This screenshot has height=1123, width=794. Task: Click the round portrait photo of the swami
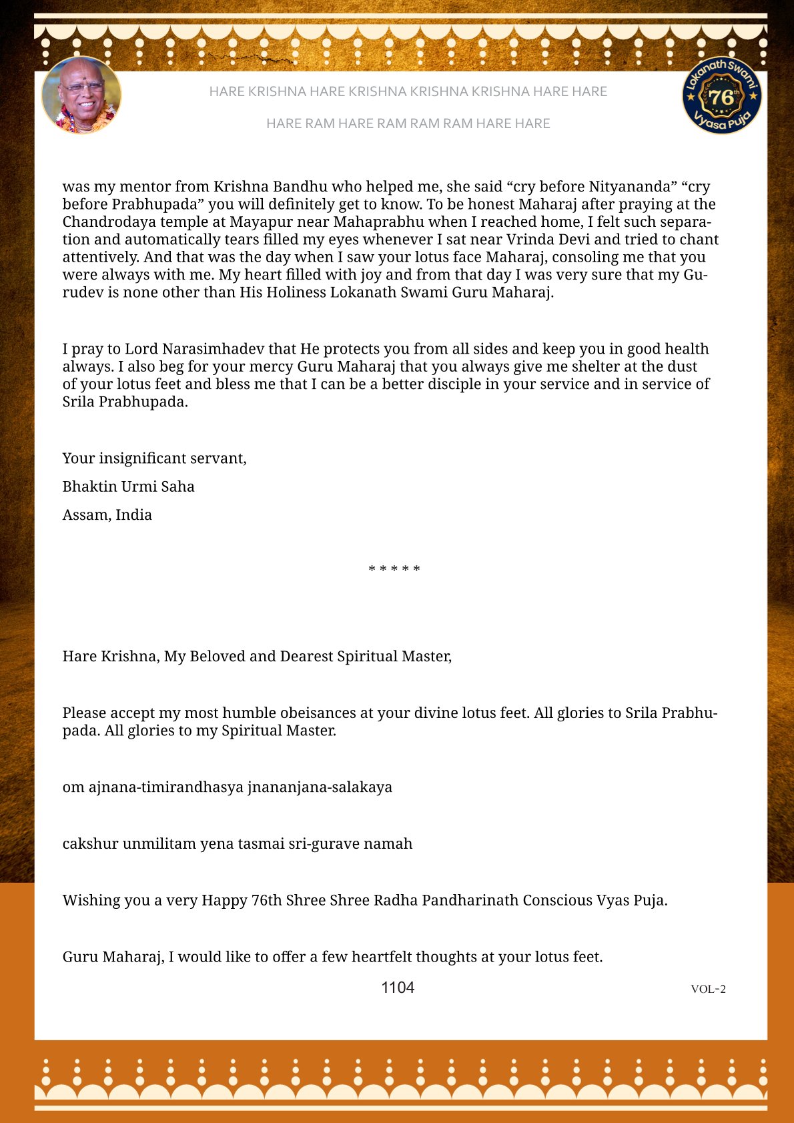(x=81, y=95)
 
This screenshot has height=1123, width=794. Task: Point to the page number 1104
(x=398, y=988)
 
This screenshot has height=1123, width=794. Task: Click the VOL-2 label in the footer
(x=708, y=989)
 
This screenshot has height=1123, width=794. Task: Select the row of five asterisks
(x=394, y=569)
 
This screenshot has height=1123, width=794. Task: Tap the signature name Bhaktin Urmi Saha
(x=129, y=486)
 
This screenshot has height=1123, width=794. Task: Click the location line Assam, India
(x=107, y=514)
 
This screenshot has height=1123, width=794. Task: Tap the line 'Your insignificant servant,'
(x=155, y=458)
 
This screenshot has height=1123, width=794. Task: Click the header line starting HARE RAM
(x=408, y=123)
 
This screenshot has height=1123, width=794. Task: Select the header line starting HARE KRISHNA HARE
(x=408, y=91)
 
